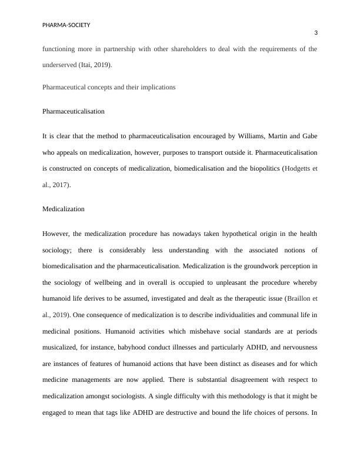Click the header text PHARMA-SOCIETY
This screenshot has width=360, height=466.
click(66, 25)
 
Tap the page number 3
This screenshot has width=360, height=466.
click(315, 34)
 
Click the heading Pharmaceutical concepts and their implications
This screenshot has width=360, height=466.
click(109, 87)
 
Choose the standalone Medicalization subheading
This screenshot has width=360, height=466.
click(64, 208)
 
